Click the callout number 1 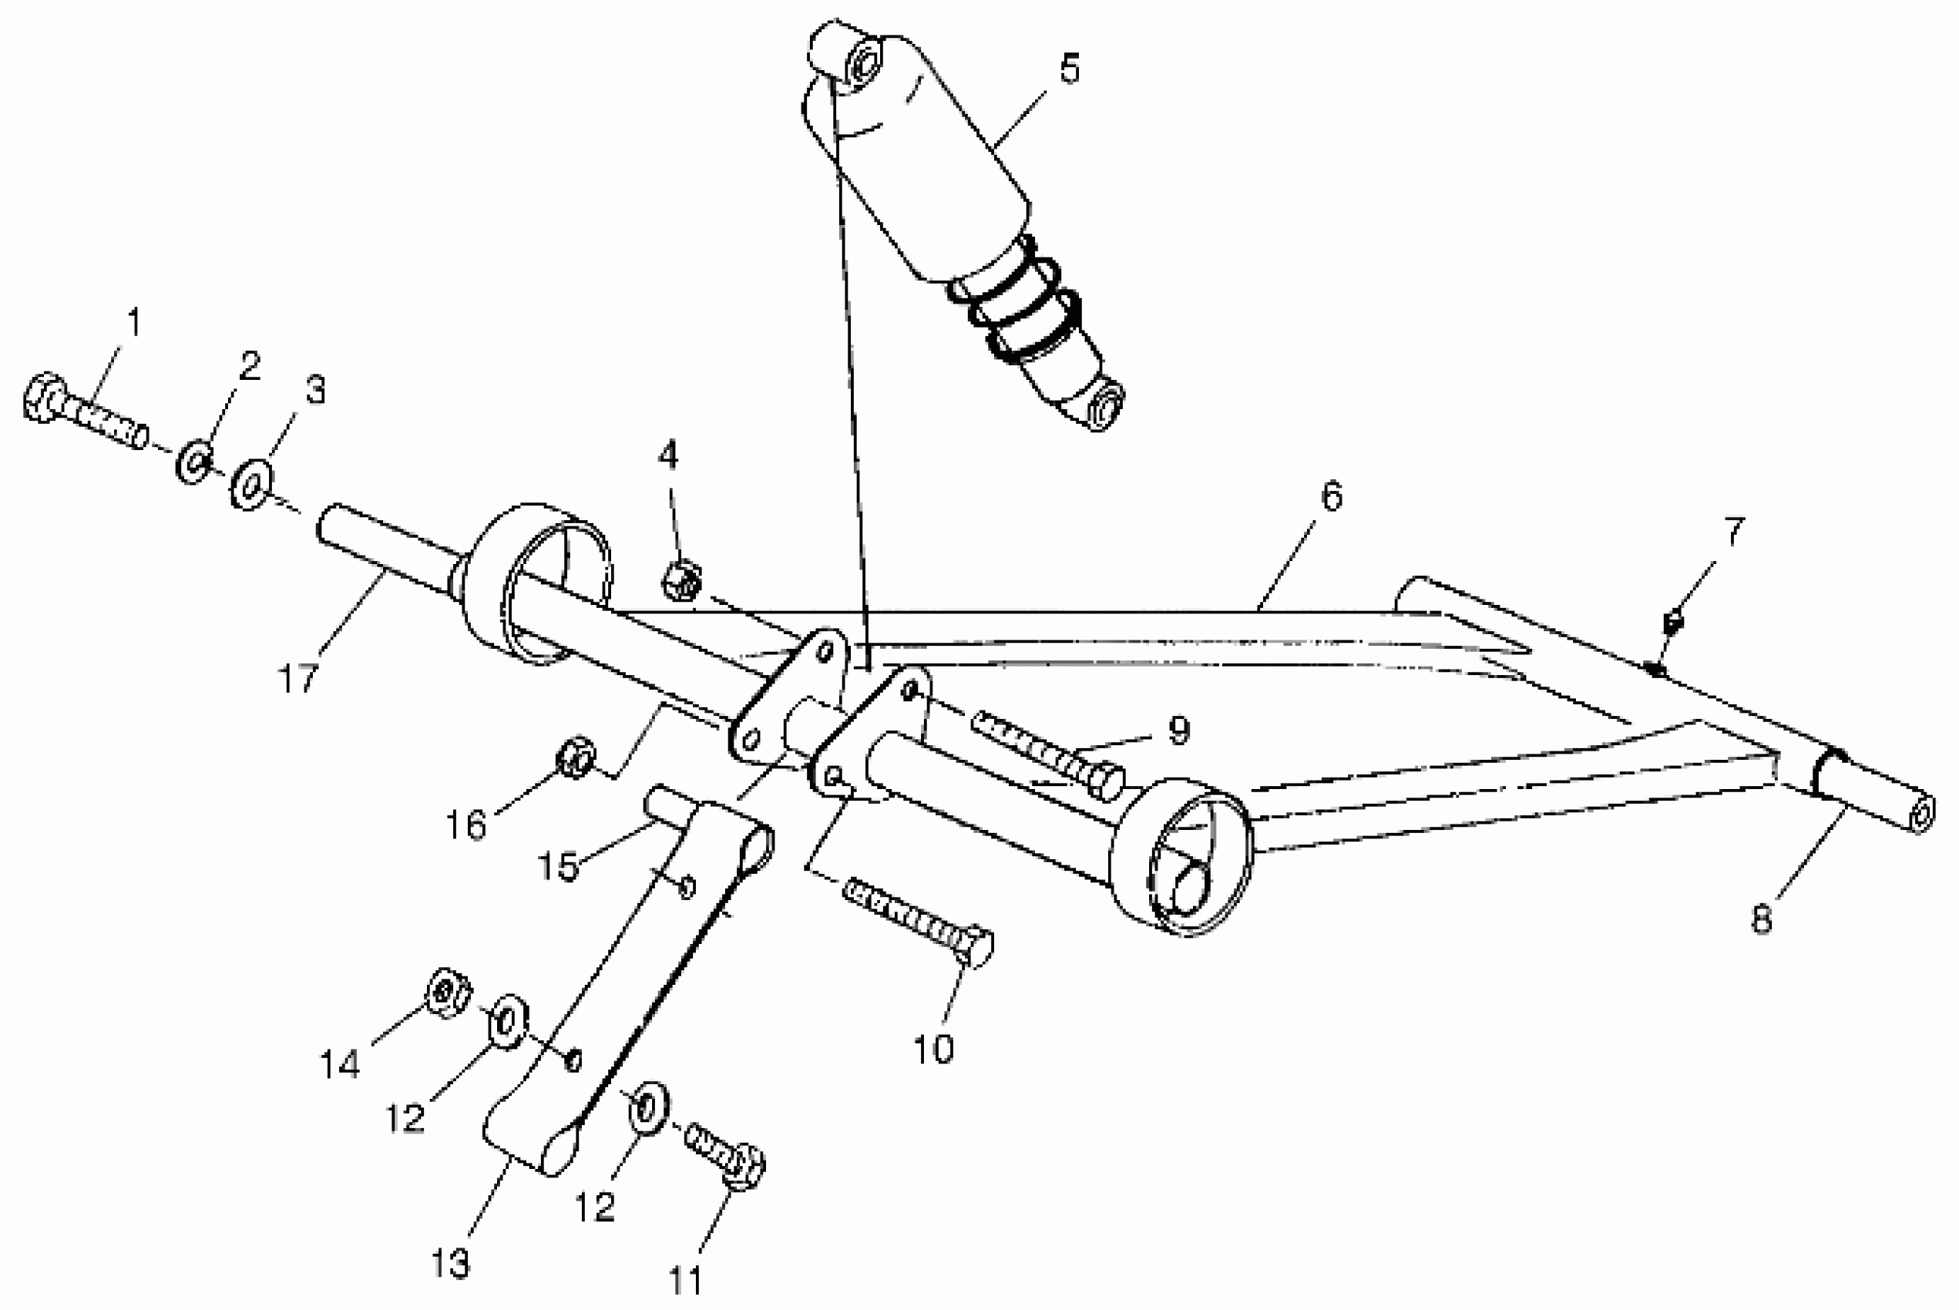[133, 322]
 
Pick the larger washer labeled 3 [251, 485]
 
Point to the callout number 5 [1070, 69]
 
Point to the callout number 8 [1761, 919]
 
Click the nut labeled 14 [447, 992]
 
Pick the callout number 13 [450, 1264]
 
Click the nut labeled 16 [576, 757]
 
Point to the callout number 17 [298, 677]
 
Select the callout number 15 [557, 866]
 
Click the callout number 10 [933, 1050]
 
